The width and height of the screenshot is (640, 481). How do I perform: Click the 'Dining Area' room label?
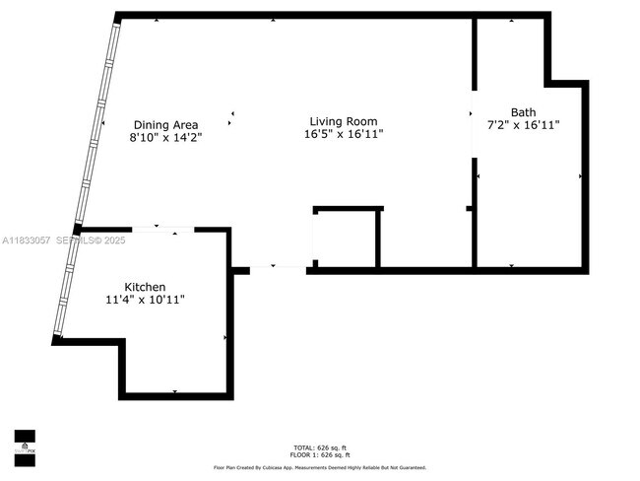coord(165,125)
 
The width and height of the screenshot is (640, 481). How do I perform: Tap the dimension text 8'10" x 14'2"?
coord(165,139)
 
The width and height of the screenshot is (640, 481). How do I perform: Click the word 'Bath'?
coord(524,111)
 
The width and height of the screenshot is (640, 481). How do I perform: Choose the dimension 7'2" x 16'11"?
coord(524,125)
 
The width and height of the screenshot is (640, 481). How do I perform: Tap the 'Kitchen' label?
coord(144,287)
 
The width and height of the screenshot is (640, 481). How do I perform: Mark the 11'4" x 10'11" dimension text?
coord(144,300)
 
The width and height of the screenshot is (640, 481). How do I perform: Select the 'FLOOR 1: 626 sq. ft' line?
coord(320,455)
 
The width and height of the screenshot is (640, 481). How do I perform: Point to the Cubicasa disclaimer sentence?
coord(320,467)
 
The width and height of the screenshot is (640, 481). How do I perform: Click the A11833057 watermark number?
coord(29,240)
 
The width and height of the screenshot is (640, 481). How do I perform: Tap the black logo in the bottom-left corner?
coord(25,447)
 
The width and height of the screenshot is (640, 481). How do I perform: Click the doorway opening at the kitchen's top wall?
coord(163,230)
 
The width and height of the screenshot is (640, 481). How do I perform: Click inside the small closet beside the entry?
coord(345,239)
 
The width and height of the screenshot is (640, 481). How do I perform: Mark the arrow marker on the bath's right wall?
coord(581,176)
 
